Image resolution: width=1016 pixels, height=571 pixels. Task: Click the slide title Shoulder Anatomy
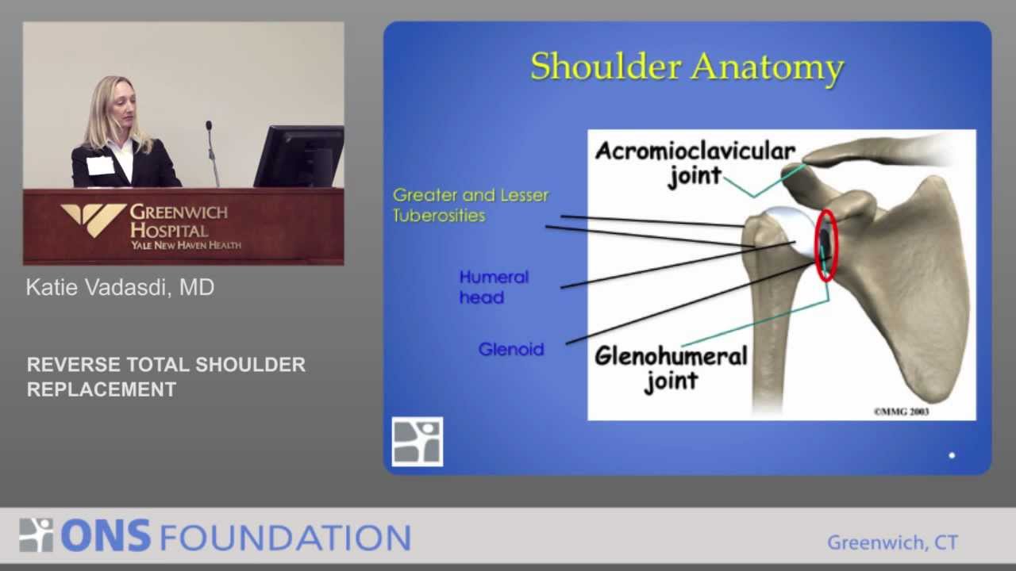[x=687, y=68]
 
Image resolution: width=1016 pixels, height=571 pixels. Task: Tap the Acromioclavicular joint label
[x=695, y=163]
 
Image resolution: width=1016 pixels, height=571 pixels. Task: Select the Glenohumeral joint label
[x=671, y=368]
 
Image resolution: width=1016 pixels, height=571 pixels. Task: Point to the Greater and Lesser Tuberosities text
[x=471, y=205]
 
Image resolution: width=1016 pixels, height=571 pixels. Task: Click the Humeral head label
[x=494, y=287]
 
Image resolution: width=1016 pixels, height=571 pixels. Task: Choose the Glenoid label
[x=511, y=350]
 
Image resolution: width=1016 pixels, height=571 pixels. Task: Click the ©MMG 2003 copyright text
[x=901, y=412]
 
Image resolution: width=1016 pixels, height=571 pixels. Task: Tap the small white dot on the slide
[x=952, y=455]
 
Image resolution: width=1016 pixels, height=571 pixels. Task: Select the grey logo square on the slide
[x=418, y=442]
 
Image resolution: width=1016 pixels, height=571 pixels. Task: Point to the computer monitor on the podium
[x=299, y=156]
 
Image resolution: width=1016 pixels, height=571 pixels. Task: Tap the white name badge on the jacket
[x=100, y=166]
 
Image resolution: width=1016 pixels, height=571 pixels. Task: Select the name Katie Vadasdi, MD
[x=120, y=287]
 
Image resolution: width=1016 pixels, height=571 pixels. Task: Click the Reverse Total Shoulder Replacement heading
[x=166, y=377]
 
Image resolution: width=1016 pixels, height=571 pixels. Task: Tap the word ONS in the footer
[x=106, y=536]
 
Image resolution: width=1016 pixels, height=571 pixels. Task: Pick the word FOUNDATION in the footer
[x=285, y=538]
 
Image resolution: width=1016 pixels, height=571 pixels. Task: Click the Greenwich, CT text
[x=893, y=542]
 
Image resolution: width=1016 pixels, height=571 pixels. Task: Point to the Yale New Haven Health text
[x=186, y=245]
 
